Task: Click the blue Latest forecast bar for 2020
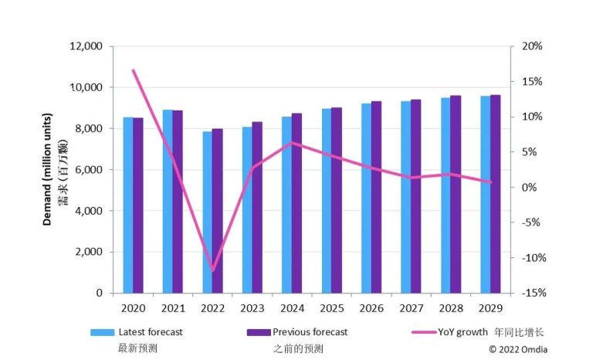(x=128, y=205)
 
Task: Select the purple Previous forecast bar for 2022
(x=218, y=211)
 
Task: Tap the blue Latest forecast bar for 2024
(x=286, y=205)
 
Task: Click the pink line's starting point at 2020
(x=133, y=70)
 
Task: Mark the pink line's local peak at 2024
(x=291, y=143)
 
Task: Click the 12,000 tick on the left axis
(x=86, y=46)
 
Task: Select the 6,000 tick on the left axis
(x=90, y=170)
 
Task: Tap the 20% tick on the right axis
(x=532, y=46)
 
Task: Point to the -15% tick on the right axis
(x=531, y=293)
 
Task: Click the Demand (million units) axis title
(x=47, y=170)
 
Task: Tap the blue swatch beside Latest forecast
(x=102, y=332)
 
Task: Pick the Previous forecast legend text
(x=310, y=332)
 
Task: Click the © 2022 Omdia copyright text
(x=518, y=349)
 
